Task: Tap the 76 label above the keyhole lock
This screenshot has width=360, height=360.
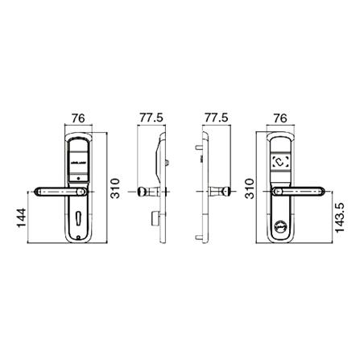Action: [x=78, y=117]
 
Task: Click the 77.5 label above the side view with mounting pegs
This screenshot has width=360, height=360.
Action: [x=214, y=117]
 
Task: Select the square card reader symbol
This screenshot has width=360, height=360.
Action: [x=282, y=159]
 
